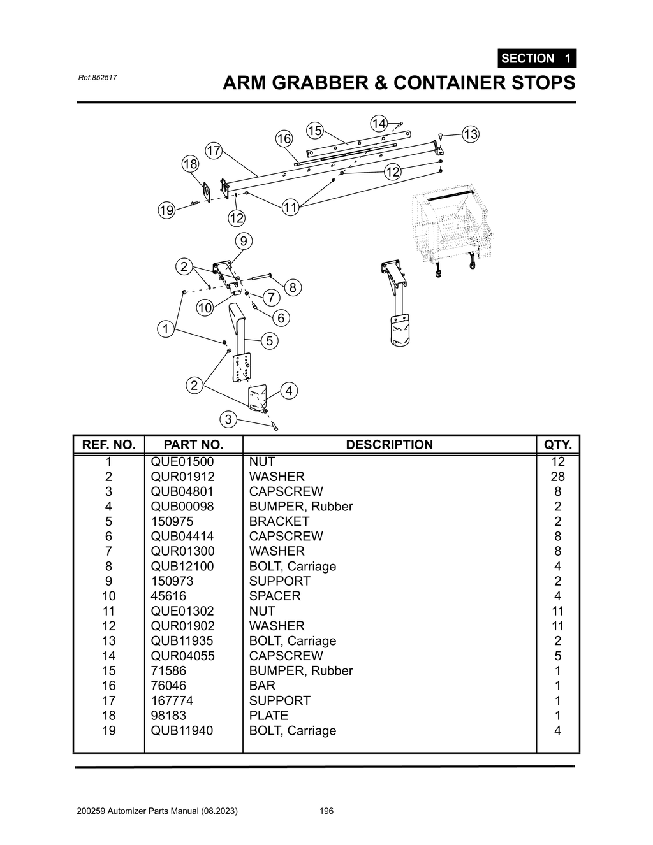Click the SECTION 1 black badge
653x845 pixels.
pyautogui.click(x=536, y=59)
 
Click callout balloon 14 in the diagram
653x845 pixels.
pyautogui.click(x=379, y=123)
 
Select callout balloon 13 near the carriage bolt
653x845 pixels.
pyautogui.click(x=470, y=134)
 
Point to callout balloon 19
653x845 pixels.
pyautogui.click(x=166, y=210)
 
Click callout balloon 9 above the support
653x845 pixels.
pyautogui.click(x=243, y=241)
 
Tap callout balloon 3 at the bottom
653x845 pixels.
pyautogui.click(x=228, y=419)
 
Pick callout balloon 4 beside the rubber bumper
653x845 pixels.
pyautogui.click(x=289, y=391)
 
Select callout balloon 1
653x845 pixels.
pyautogui.click(x=166, y=329)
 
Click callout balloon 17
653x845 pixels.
pyautogui.click(x=214, y=151)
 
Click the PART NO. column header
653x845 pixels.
pyautogui.click(x=193, y=445)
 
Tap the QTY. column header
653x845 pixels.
pyautogui.click(x=557, y=445)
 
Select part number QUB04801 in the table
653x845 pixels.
pyautogui.click(x=182, y=491)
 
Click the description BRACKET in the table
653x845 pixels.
pyautogui.click(x=279, y=521)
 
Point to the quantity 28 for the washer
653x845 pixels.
pyautogui.click(x=557, y=477)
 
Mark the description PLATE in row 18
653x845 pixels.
pyautogui.click(x=268, y=716)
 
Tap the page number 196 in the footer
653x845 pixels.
pyautogui.click(x=326, y=811)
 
